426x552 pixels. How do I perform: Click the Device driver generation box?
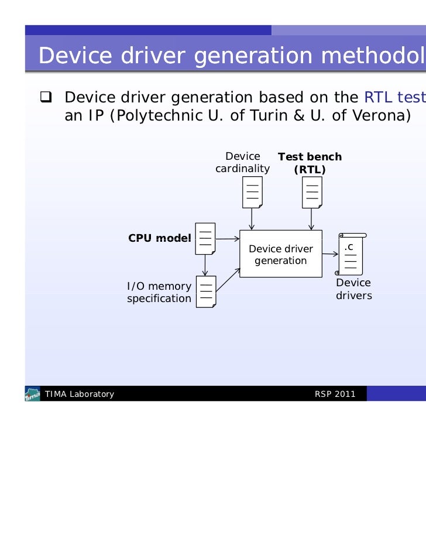(281, 254)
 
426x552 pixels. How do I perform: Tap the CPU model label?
(159, 238)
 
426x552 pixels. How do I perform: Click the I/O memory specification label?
(159, 292)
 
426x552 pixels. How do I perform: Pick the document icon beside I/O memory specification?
(206, 292)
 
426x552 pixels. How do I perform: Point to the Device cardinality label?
(243, 163)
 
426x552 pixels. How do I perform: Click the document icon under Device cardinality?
(252, 192)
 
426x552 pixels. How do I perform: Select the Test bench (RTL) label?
(310, 163)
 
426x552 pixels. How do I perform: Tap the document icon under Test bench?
(312, 192)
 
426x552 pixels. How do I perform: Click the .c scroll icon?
(351, 253)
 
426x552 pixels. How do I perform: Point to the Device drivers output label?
(353, 289)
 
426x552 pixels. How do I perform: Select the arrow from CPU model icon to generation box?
(228, 239)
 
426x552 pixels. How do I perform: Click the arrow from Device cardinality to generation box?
(252, 219)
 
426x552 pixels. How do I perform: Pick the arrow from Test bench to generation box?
(312, 219)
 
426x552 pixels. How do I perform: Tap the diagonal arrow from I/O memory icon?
(229, 279)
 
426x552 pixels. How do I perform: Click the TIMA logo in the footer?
(33, 394)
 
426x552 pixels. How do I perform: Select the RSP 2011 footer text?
(335, 394)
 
